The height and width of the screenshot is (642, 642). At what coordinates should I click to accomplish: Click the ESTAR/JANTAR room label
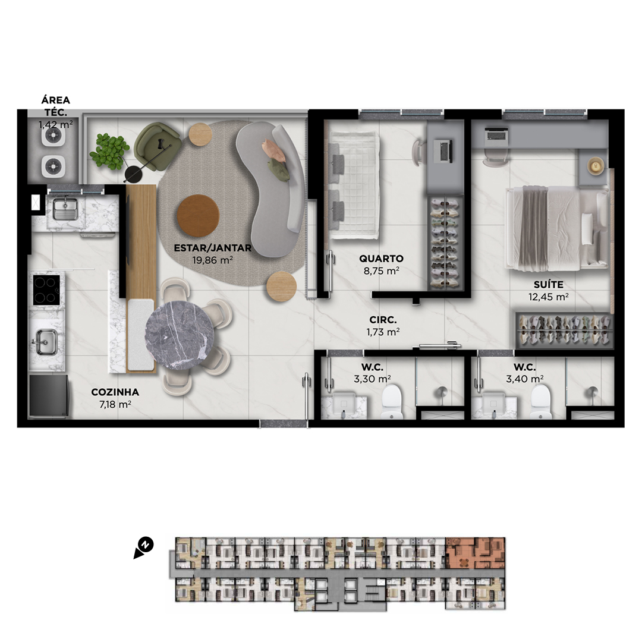[212, 248]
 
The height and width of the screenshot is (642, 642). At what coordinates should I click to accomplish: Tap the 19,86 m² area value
[212, 260]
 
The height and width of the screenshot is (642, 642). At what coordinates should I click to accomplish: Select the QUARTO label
[381, 259]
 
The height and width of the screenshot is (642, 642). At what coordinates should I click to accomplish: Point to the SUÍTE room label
[548, 284]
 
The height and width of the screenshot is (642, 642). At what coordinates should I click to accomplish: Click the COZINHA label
[115, 392]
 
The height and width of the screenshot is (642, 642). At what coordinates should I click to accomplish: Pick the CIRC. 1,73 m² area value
[383, 332]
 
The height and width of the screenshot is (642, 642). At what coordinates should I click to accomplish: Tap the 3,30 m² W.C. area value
[372, 379]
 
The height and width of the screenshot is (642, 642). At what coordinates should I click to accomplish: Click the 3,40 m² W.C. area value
[524, 379]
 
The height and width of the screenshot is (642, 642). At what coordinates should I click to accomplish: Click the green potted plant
[109, 151]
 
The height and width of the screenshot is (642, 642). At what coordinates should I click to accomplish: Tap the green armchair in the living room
[158, 146]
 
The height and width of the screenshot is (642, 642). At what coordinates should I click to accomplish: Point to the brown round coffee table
[198, 215]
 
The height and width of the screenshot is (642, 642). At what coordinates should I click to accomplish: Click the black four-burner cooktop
[47, 289]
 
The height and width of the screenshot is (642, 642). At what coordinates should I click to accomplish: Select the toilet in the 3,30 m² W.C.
[392, 402]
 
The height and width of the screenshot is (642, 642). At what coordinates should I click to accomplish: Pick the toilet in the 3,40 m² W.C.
[542, 402]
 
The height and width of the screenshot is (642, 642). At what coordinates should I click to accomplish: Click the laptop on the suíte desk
[496, 134]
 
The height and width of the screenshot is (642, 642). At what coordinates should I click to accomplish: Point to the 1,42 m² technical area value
[56, 124]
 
